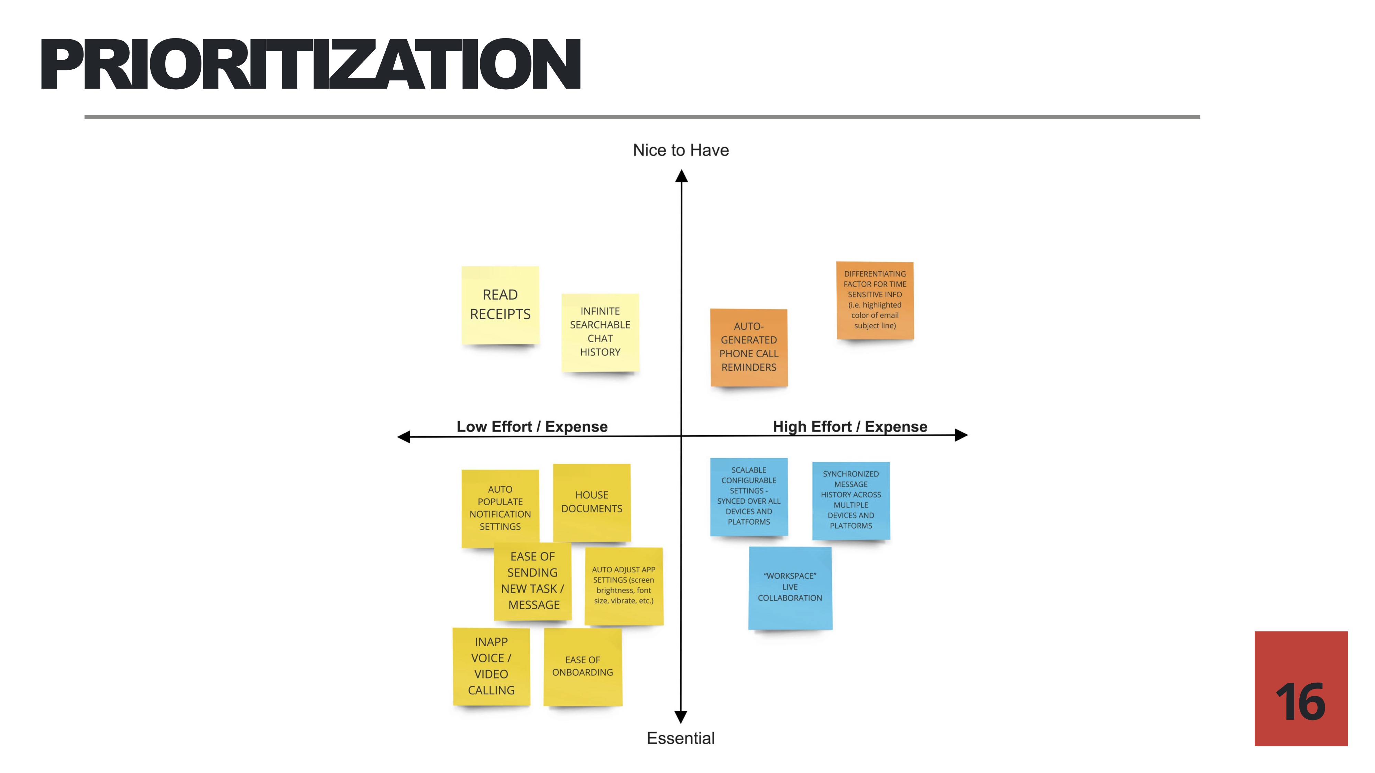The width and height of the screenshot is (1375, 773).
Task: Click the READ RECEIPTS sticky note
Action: tap(500, 305)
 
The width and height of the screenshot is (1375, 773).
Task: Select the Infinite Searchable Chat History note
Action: tap(600, 332)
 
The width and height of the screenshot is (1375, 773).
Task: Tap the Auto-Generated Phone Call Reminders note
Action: tap(748, 347)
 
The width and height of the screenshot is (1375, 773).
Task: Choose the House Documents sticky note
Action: tap(591, 502)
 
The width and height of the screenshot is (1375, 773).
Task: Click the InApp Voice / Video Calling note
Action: tap(491, 666)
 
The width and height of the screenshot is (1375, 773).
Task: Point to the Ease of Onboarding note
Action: tap(582, 666)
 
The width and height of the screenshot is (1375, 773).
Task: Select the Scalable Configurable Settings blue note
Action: tap(748, 496)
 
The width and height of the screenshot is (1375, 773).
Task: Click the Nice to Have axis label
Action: tap(681, 150)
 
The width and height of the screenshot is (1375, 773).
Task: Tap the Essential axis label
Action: tap(681, 738)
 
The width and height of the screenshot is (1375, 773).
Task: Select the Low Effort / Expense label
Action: tap(532, 427)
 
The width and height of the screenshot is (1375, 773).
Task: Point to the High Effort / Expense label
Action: tap(850, 427)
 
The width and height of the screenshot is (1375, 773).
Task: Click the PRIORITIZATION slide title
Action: tap(311, 64)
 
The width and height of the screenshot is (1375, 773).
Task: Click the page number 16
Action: tap(1300, 702)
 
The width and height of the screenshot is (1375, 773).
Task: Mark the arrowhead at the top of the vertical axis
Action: tap(681, 176)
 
